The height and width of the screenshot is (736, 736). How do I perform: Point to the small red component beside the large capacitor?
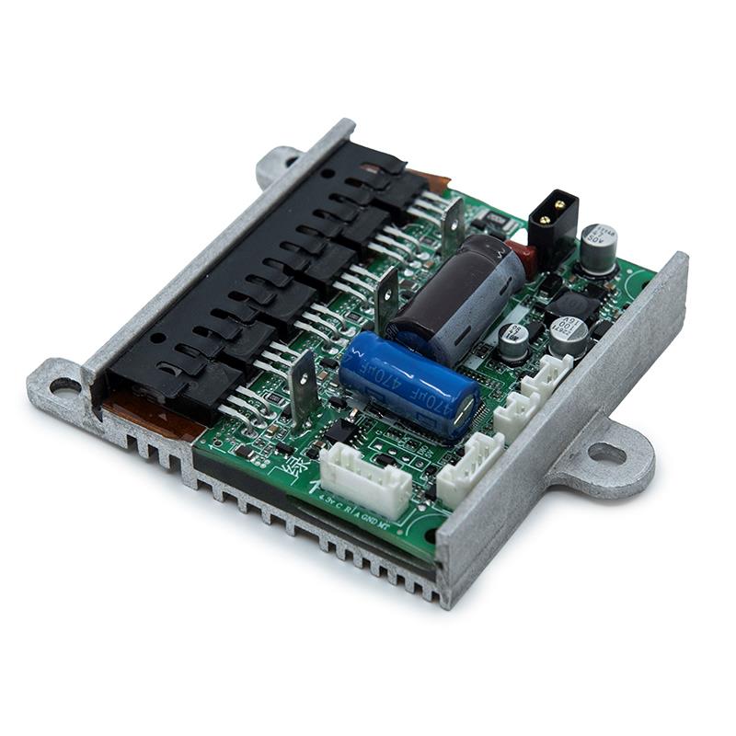point(522,259)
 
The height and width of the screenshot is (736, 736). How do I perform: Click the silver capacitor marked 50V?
point(599,247)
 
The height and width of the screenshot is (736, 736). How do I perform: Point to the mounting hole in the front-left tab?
point(64,385)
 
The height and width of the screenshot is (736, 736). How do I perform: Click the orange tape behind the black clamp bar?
point(428,180)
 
